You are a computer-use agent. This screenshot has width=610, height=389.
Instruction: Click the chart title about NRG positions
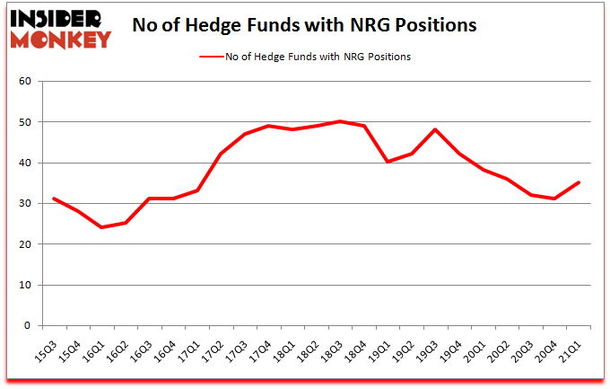point(304,25)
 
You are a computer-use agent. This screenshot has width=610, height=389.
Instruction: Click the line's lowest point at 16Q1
point(101,227)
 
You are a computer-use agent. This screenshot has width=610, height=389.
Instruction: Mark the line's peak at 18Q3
point(338,121)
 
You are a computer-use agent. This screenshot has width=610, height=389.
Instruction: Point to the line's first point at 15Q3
point(54,199)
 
